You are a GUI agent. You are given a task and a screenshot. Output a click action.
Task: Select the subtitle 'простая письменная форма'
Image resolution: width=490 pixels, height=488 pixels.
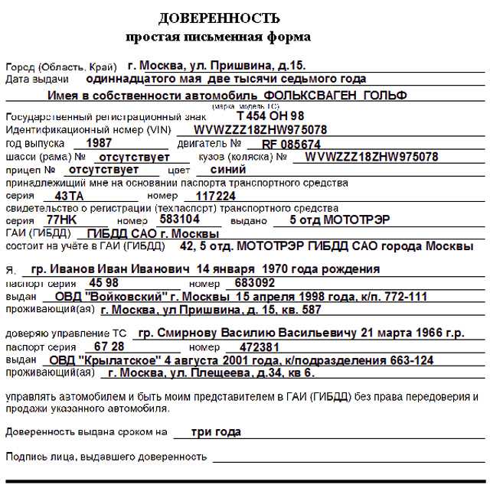[x=218, y=37]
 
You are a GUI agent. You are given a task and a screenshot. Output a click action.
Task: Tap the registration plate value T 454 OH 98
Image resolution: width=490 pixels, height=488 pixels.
[x=270, y=115]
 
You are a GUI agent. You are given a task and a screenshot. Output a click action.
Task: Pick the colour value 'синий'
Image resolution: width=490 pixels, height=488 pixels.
[x=227, y=170]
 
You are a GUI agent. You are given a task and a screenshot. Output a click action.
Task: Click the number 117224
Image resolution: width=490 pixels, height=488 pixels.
[x=216, y=196]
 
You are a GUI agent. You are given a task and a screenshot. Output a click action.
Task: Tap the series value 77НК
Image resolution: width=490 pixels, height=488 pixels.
[x=63, y=220]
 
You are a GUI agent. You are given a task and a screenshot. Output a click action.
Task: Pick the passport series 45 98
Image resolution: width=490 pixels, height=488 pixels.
[x=103, y=282]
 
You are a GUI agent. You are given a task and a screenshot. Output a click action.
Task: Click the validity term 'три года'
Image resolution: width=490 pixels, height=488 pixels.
[x=216, y=431]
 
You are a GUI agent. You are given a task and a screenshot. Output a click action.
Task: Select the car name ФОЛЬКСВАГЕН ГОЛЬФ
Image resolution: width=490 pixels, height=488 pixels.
[x=335, y=96]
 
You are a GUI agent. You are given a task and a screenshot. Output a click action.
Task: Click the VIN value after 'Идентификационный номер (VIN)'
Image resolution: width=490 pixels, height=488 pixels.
[x=260, y=129]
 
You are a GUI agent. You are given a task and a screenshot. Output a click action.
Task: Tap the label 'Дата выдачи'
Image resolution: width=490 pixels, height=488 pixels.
[x=37, y=78]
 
